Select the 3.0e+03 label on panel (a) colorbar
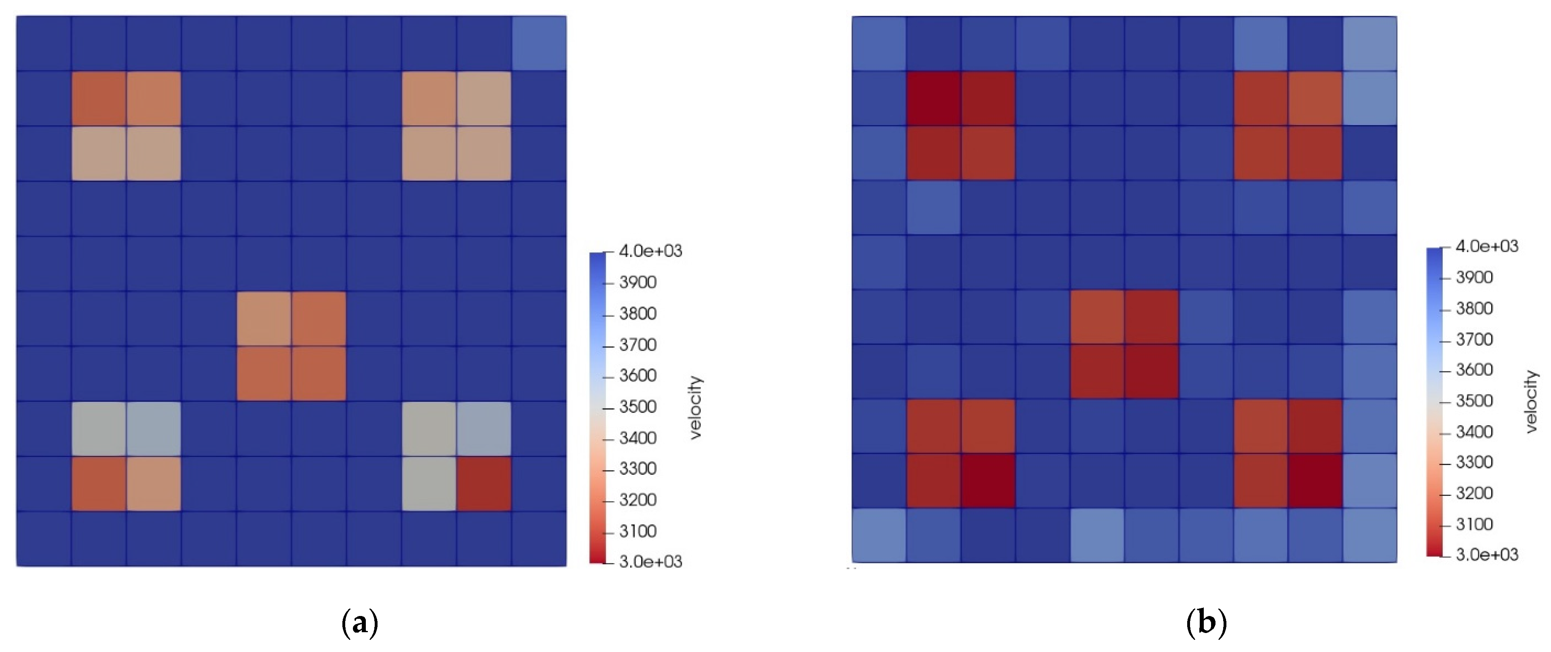tap(650, 562)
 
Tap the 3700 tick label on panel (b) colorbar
tap(1474, 340)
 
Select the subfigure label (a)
tap(359, 622)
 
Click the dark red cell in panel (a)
tap(483, 484)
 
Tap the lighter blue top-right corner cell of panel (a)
tap(539, 43)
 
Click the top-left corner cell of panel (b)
tap(878, 43)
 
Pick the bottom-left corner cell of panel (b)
tap(878, 535)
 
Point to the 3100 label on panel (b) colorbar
tap(1474, 524)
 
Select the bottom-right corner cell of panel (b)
tap(1370, 535)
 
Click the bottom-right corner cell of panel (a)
tap(539, 539)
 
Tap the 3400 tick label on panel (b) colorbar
tap(1474, 432)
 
